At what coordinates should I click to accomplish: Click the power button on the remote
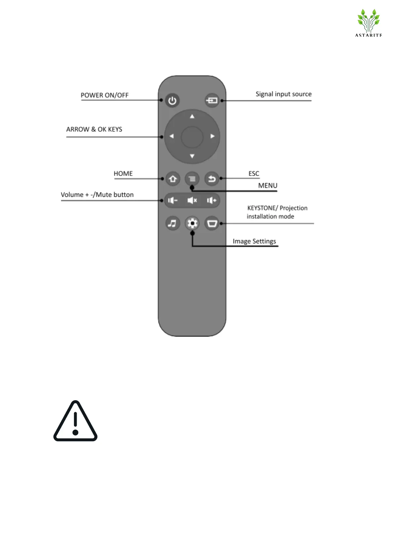point(172,101)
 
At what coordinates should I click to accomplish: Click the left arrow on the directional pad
point(171,136)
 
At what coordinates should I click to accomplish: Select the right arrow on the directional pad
point(213,136)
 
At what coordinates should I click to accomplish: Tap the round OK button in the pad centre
point(192,137)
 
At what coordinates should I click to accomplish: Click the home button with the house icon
point(173,179)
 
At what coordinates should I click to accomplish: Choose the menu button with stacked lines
point(192,179)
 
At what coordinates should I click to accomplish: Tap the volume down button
point(173,200)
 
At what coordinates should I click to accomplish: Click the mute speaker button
point(192,200)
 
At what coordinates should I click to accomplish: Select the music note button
point(172,224)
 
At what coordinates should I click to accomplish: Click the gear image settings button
point(192,224)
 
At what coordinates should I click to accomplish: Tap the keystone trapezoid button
point(212,224)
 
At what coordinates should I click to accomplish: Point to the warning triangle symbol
point(75,422)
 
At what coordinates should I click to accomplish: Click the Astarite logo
point(369,22)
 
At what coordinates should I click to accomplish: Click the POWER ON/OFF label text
point(104,95)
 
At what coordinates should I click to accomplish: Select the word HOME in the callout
point(123,174)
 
